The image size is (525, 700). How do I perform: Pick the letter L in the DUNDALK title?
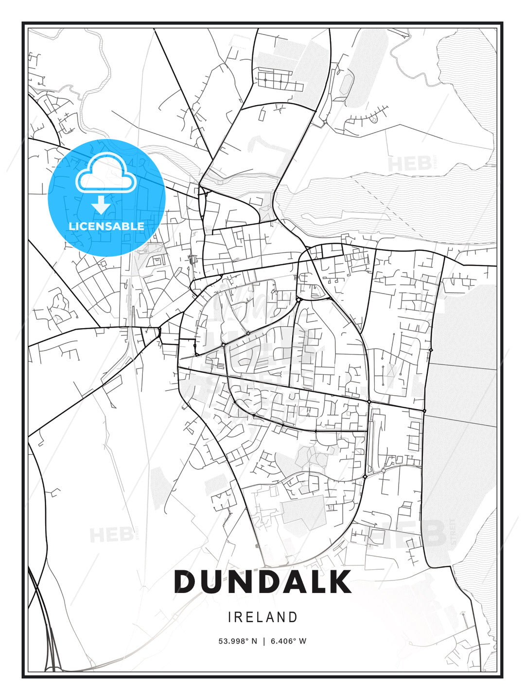(x=319, y=581)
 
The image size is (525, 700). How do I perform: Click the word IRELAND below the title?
(x=262, y=617)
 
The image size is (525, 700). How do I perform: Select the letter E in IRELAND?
(x=248, y=617)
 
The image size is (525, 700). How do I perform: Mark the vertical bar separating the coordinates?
(x=263, y=641)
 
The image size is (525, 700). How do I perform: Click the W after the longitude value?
(x=303, y=641)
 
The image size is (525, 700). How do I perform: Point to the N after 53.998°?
(x=254, y=641)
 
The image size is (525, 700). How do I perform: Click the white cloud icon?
(x=105, y=173)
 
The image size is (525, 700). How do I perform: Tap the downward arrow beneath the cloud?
(x=101, y=205)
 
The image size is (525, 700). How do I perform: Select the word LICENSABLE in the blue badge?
(x=106, y=226)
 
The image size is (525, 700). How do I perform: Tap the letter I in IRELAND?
(x=229, y=617)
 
